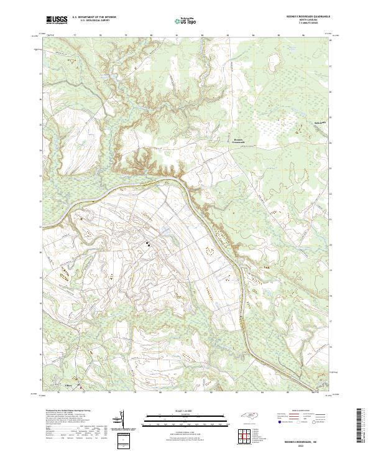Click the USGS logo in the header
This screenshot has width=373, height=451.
pyautogui.click(x=57, y=21)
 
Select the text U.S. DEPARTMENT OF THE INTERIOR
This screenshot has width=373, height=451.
pyautogui.click(x=93, y=18)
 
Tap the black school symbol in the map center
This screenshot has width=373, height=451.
pyautogui.click(x=148, y=243)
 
